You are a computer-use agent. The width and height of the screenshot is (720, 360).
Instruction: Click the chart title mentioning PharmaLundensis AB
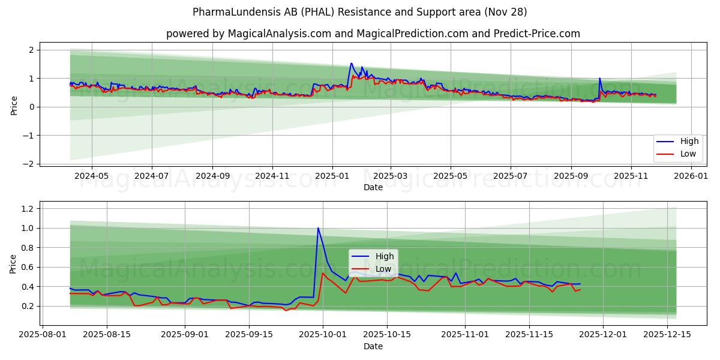click(x=360, y=12)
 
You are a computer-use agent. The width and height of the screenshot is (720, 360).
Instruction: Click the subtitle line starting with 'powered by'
click(x=373, y=34)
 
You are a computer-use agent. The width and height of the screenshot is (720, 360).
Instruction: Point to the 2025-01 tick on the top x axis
click(x=332, y=176)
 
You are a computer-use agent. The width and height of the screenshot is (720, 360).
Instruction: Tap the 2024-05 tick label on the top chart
click(x=92, y=176)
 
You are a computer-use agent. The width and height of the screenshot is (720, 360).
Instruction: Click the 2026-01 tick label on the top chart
click(x=692, y=176)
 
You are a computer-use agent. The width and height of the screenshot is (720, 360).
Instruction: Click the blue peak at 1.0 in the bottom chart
click(x=318, y=228)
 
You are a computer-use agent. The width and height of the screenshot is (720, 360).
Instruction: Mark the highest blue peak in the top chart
click(x=351, y=63)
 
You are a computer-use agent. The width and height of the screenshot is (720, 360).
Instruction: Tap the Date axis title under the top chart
click(x=373, y=187)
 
